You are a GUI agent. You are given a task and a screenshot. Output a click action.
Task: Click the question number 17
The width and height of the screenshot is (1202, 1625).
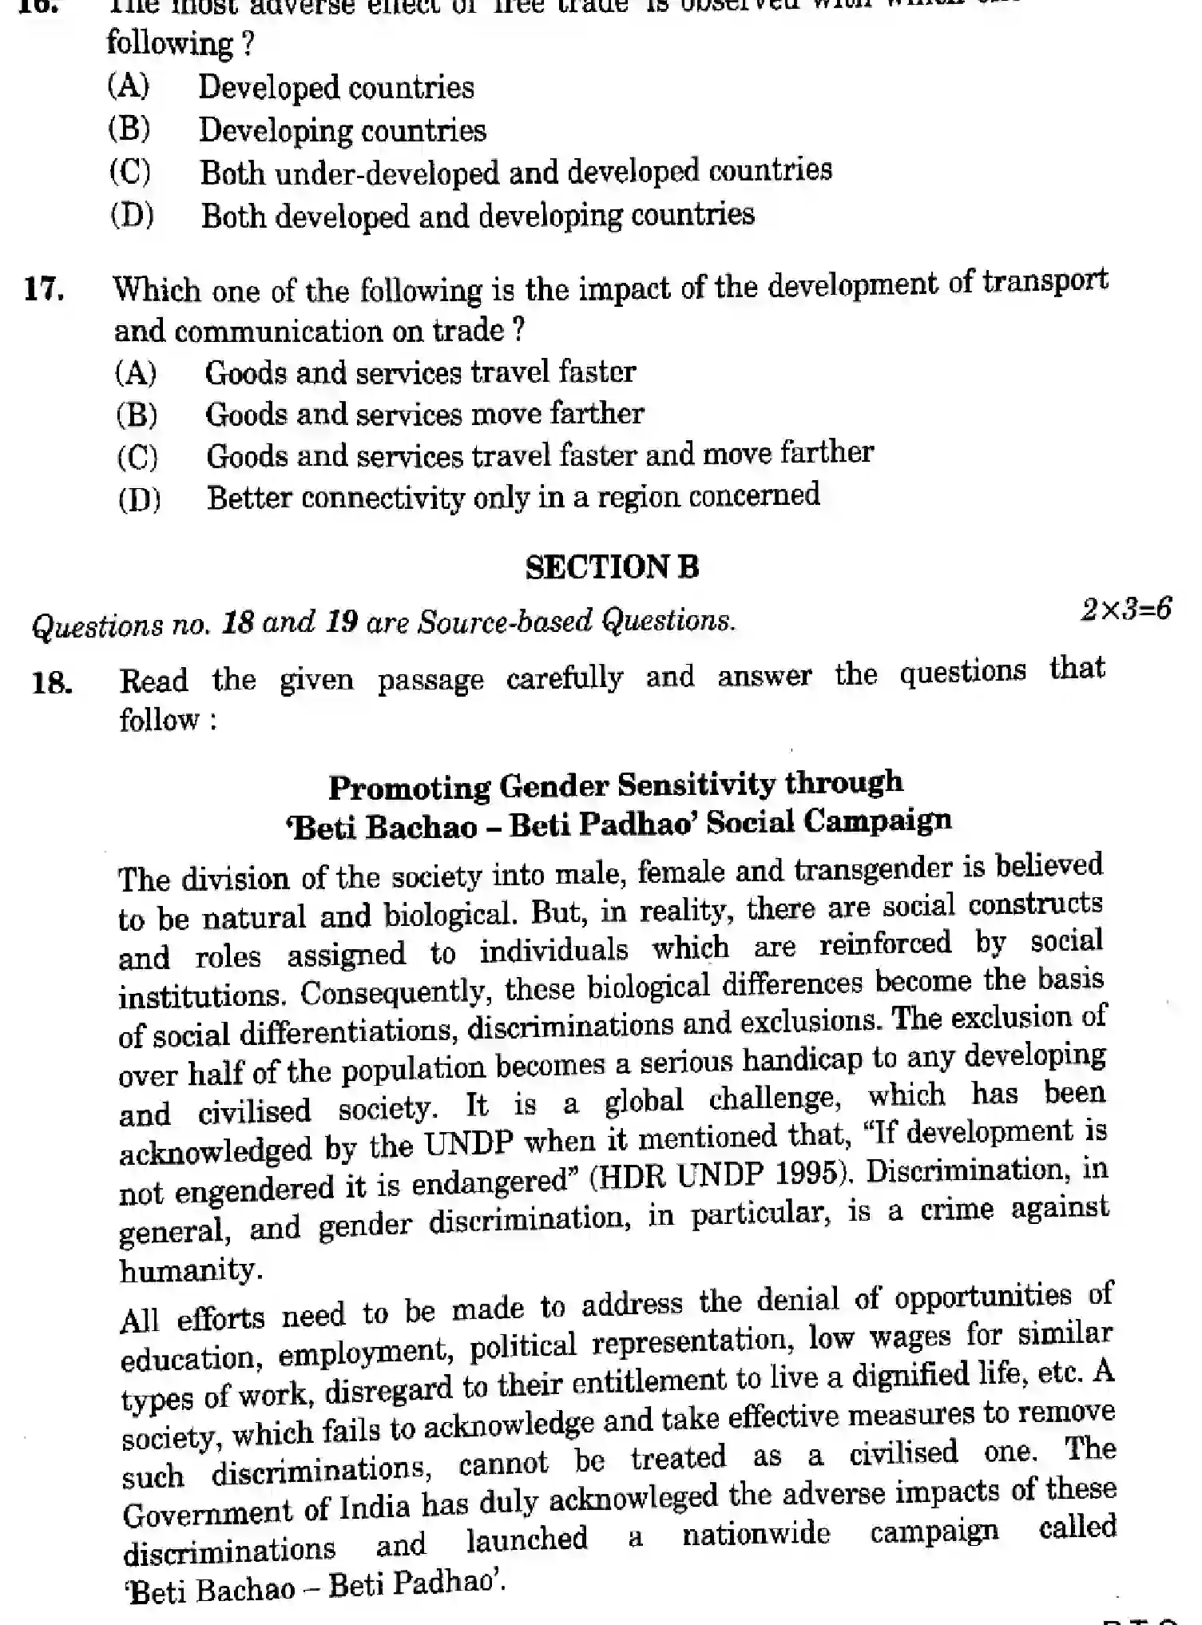44,289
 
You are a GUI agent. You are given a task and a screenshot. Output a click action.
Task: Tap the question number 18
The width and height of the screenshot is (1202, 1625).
51,683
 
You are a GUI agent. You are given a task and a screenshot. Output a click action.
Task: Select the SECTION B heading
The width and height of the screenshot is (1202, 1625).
612,567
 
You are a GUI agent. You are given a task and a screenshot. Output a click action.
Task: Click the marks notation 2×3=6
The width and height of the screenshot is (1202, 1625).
1125,610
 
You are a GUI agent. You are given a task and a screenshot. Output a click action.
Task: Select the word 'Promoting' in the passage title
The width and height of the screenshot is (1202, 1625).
409,788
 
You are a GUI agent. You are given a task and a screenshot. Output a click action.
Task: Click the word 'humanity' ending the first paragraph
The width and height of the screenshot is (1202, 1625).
188,1269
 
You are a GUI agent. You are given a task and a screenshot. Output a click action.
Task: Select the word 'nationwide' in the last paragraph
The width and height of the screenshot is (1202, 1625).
756,1533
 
